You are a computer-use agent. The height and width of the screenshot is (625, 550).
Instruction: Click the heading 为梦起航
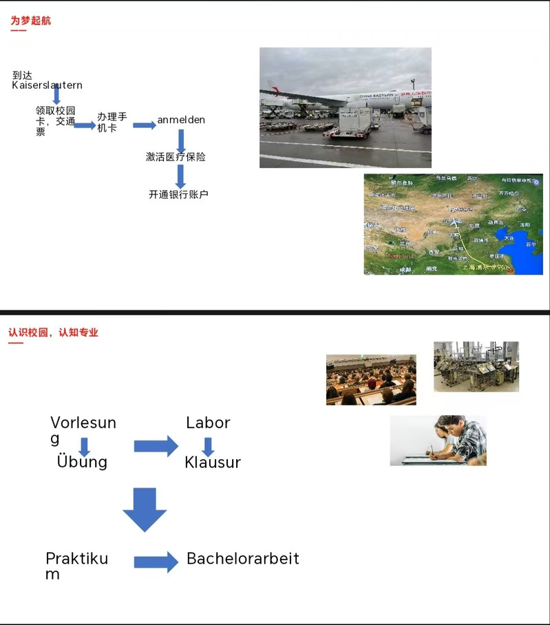(30, 21)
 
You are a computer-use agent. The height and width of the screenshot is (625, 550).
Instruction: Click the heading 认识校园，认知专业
(53, 332)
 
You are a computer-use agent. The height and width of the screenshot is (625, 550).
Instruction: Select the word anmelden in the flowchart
(181, 120)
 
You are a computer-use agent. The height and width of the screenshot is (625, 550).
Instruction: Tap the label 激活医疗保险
(176, 157)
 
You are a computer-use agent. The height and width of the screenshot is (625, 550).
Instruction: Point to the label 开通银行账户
(178, 194)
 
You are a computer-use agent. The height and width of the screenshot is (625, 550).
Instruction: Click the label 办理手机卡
(112, 123)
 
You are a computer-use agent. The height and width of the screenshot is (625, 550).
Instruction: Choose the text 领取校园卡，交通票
(55, 120)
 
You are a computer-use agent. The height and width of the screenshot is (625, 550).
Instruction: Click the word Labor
(208, 423)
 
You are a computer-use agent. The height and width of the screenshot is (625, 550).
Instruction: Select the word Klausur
(213, 463)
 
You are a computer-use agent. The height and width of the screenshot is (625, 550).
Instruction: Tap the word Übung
(82, 461)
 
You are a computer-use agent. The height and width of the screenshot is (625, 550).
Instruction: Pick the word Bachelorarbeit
(243, 558)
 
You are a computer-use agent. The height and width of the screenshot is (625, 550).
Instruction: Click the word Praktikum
(76, 565)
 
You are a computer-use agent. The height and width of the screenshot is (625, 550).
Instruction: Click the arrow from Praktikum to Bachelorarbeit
(156, 562)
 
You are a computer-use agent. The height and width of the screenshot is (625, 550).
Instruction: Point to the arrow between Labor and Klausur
(208, 446)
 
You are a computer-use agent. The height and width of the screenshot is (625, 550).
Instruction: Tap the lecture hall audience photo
(371, 379)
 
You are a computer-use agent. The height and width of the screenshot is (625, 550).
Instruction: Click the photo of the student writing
(438, 440)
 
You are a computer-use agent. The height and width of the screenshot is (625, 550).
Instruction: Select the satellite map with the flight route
(453, 224)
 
